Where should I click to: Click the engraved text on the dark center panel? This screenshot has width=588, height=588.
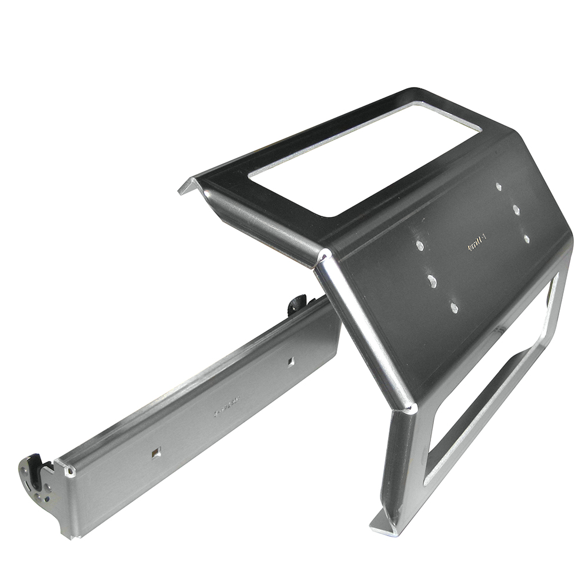(475, 244)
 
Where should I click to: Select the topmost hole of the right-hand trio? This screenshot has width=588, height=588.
(499, 187)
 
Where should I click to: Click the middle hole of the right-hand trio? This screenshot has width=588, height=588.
(516, 209)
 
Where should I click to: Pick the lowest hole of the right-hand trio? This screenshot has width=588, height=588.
(526, 239)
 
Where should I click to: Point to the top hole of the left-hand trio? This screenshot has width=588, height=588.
(419, 245)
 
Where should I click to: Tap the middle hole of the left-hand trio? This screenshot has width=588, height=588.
(432, 281)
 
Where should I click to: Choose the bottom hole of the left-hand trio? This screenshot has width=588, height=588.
(454, 307)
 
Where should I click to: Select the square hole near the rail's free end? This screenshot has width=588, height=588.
(155, 453)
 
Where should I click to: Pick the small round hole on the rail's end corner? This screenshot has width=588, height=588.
(71, 472)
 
